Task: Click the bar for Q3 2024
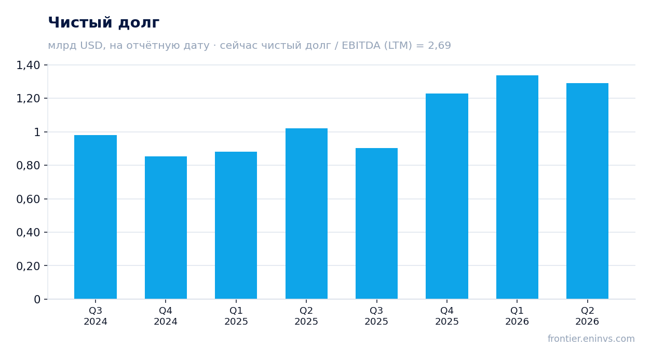tap(96, 217)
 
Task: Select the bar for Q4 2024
tap(166, 228)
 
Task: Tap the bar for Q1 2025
tap(236, 225)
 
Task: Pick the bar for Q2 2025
tap(306, 214)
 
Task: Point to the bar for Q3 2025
tap(377, 223)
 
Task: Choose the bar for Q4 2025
tap(447, 196)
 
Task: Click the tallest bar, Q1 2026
tap(517, 187)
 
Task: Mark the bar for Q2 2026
tap(587, 191)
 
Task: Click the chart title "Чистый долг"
tap(104, 23)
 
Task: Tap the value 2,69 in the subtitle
tap(439, 46)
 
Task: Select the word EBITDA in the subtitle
tap(361, 45)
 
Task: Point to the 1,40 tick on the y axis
tap(28, 65)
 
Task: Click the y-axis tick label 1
tap(37, 132)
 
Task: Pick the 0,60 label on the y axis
tap(28, 199)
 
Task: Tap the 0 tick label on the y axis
tap(37, 300)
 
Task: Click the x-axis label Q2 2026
tap(587, 316)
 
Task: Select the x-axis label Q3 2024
tap(96, 316)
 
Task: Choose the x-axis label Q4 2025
tap(447, 316)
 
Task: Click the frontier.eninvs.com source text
tap(591, 339)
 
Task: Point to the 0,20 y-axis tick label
tap(28, 266)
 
